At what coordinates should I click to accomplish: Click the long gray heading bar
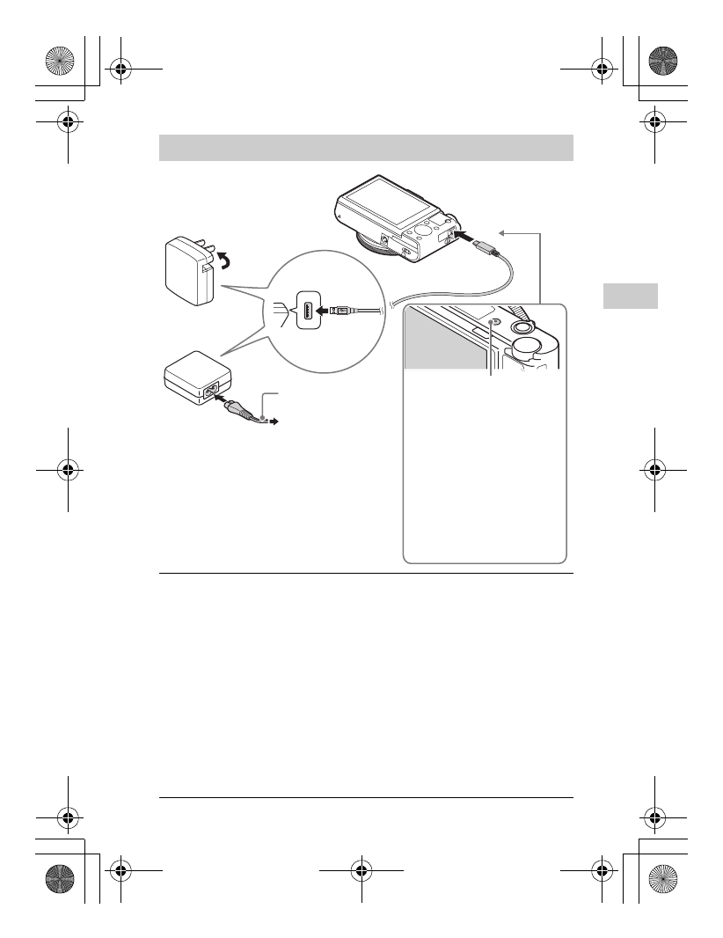coord(366,148)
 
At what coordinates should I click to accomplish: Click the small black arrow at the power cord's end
coord(274,422)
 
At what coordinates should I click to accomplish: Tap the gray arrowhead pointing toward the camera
coord(502,232)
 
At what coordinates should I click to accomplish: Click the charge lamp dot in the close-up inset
coord(492,324)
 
